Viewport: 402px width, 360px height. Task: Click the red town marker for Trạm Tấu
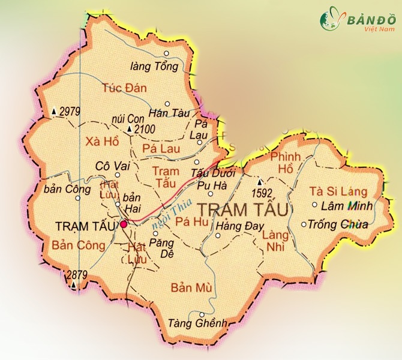[x=124, y=224]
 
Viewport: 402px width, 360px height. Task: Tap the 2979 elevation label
[x=70, y=111]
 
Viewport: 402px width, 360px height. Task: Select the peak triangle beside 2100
[x=129, y=130]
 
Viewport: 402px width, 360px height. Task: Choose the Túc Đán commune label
[x=120, y=88]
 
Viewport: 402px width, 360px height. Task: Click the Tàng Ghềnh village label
[x=206, y=323]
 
